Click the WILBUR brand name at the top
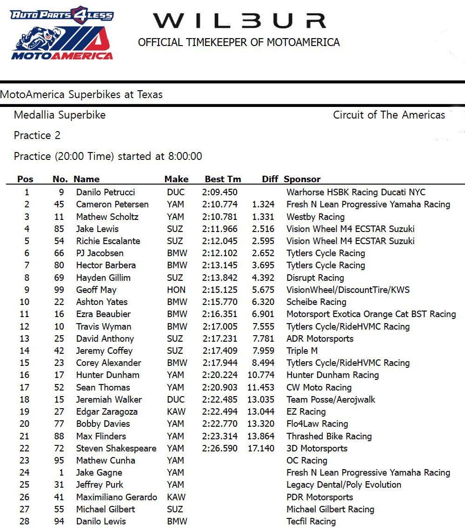[239, 21]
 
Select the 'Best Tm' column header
[223, 179]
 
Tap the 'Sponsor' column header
[302, 179]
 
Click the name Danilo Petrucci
[106, 192]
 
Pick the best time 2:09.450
[219, 192]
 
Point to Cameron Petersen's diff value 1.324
[263, 204]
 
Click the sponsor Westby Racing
[315, 217]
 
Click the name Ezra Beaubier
[103, 314]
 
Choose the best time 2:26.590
[219, 449]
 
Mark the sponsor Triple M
[302, 351]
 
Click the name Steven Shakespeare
[116, 449]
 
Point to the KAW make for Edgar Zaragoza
[176, 412]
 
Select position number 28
[24, 522]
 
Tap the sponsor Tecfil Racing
[311, 522]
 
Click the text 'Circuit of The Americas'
[389, 115]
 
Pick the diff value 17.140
[261, 449]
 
